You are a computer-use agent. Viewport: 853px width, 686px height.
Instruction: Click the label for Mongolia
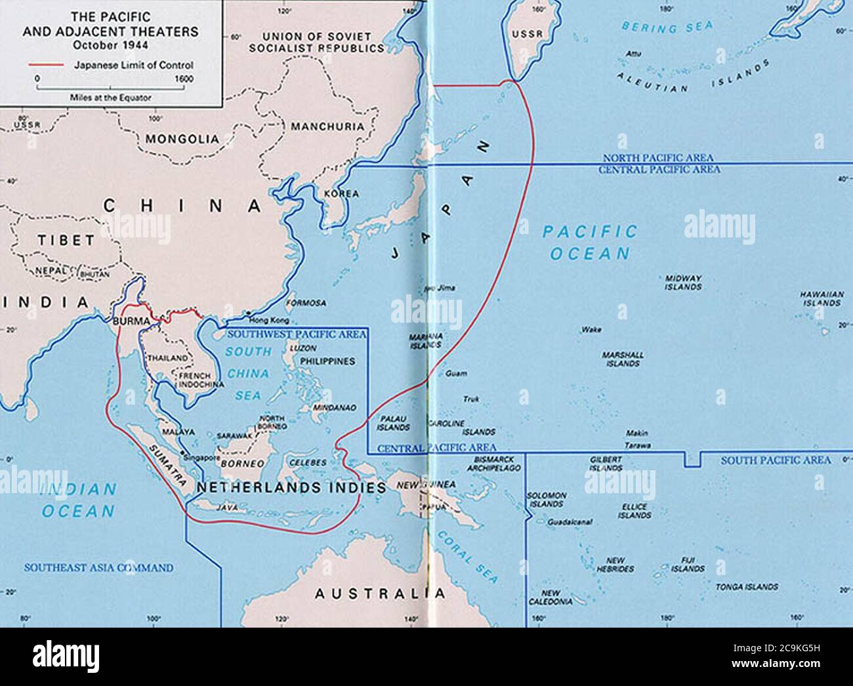182,139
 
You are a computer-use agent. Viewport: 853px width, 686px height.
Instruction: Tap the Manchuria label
327,126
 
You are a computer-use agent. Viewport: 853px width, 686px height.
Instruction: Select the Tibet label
66,240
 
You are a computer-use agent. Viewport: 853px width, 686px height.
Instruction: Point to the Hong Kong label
269,320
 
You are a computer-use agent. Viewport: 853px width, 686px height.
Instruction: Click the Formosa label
306,303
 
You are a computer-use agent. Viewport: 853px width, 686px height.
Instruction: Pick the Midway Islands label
683,283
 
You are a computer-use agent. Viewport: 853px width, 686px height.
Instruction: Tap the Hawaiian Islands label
821,299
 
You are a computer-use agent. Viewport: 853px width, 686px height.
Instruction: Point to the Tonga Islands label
747,587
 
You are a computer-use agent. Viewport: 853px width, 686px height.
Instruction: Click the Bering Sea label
658,28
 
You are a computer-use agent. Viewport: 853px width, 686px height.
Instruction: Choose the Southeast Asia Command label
98,568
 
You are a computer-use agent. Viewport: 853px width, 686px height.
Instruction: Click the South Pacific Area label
776,461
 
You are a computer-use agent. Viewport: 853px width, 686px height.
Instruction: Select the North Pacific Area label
657,159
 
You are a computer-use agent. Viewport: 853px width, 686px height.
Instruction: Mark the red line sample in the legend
46,66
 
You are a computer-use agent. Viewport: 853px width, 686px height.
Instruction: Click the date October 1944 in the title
110,45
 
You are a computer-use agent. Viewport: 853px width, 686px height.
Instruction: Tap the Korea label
342,194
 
